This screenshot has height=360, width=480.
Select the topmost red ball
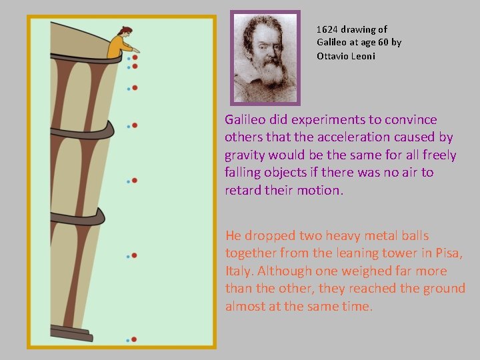tap(135, 57)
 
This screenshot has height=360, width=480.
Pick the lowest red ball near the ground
tap(134, 339)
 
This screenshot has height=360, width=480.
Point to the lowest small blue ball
tap(128, 340)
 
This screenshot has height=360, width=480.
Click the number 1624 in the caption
tap(329, 29)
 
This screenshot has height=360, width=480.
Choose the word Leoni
tap(364, 56)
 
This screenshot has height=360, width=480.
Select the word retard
tap(243, 190)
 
